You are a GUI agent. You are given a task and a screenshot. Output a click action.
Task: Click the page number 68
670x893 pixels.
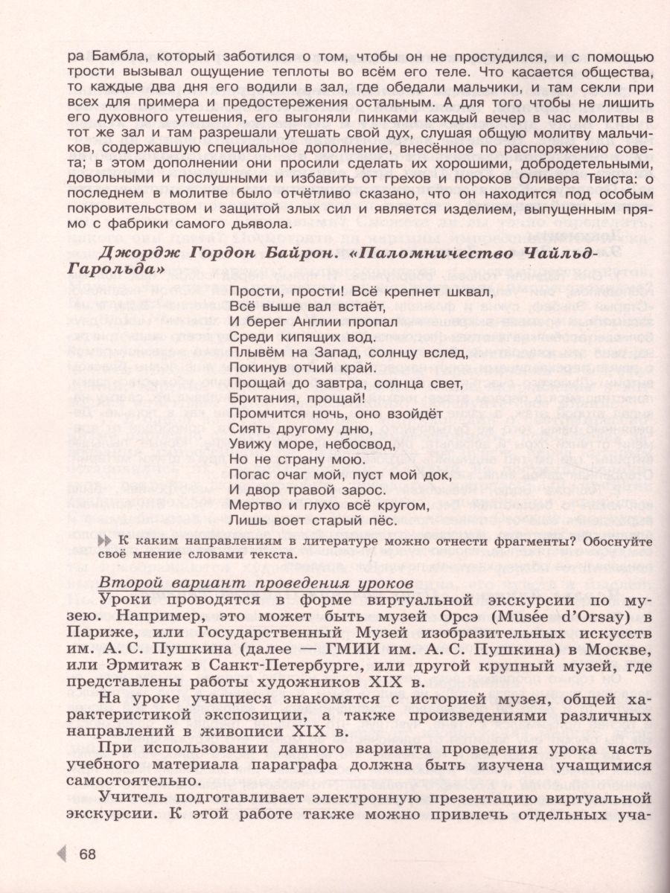[x=88, y=854]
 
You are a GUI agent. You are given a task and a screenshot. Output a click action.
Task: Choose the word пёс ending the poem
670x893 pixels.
[x=358, y=521]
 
